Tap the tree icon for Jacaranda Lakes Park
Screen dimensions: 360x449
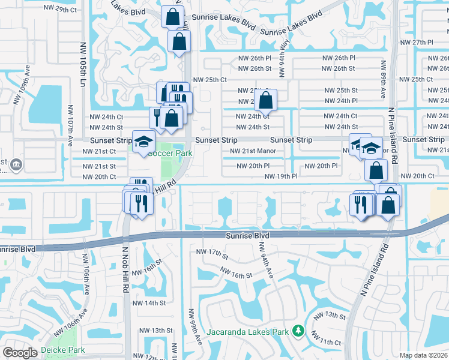pyautogui.click(x=297, y=331)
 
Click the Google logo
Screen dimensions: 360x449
pyautogui.click(x=20, y=353)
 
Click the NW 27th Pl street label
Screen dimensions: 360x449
pyautogui.click(x=418, y=43)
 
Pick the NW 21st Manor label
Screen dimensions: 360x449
pyautogui.click(x=253, y=151)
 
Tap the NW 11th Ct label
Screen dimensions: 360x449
pyautogui.click(x=330, y=341)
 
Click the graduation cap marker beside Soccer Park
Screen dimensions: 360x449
pyautogui.click(x=143, y=143)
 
